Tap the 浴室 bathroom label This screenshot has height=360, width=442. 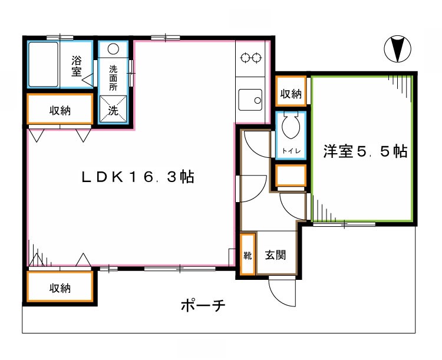[x=77, y=65]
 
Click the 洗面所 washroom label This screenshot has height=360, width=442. [x=114, y=77]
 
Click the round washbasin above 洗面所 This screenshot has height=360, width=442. [x=114, y=49]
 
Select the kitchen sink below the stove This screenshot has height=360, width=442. [x=252, y=99]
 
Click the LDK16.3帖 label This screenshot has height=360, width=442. [x=138, y=176]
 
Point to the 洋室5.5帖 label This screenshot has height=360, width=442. [x=365, y=151]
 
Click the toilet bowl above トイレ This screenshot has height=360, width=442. [x=291, y=125]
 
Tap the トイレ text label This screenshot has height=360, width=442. [x=291, y=151]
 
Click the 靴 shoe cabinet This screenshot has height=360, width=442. [x=248, y=255]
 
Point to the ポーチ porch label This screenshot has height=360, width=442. [x=202, y=306]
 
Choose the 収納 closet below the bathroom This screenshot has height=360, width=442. [x=60, y=110]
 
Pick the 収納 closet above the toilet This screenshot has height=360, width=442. [x=291, y=93]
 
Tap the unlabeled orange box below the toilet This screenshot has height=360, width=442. [x=291, y=175]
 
